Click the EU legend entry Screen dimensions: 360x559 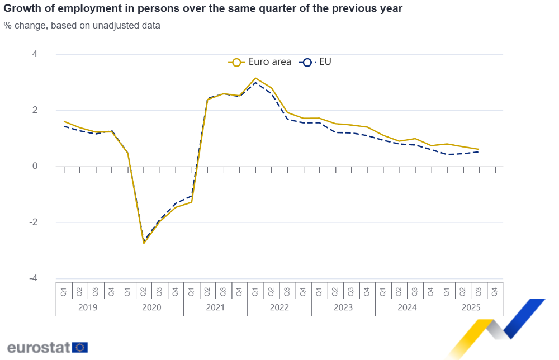tap(316, 62)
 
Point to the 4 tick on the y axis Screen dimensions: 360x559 tap(35, 54)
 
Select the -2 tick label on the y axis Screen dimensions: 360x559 tap(33, 222)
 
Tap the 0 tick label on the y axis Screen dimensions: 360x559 tap(35, 166)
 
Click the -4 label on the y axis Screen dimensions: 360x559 tap(33, 278)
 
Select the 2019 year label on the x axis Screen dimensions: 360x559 tap(88, 307)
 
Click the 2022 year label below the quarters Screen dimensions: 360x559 tap(279, 307)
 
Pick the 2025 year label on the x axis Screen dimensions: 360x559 tap(471, 307)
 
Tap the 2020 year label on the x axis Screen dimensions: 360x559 tap(151, 307)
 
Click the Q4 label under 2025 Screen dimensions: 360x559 tap(495, 291)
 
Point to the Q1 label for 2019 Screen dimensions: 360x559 tap(64, 291)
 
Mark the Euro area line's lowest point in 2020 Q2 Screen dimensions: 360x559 tap(144, 243)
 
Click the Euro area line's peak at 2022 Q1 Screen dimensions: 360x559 tap(255, 78)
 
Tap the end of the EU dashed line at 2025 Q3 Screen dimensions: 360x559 tap(479, 151)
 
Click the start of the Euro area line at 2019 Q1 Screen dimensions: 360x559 tap(64, 121)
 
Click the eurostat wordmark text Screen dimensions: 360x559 tap(39, 347)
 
